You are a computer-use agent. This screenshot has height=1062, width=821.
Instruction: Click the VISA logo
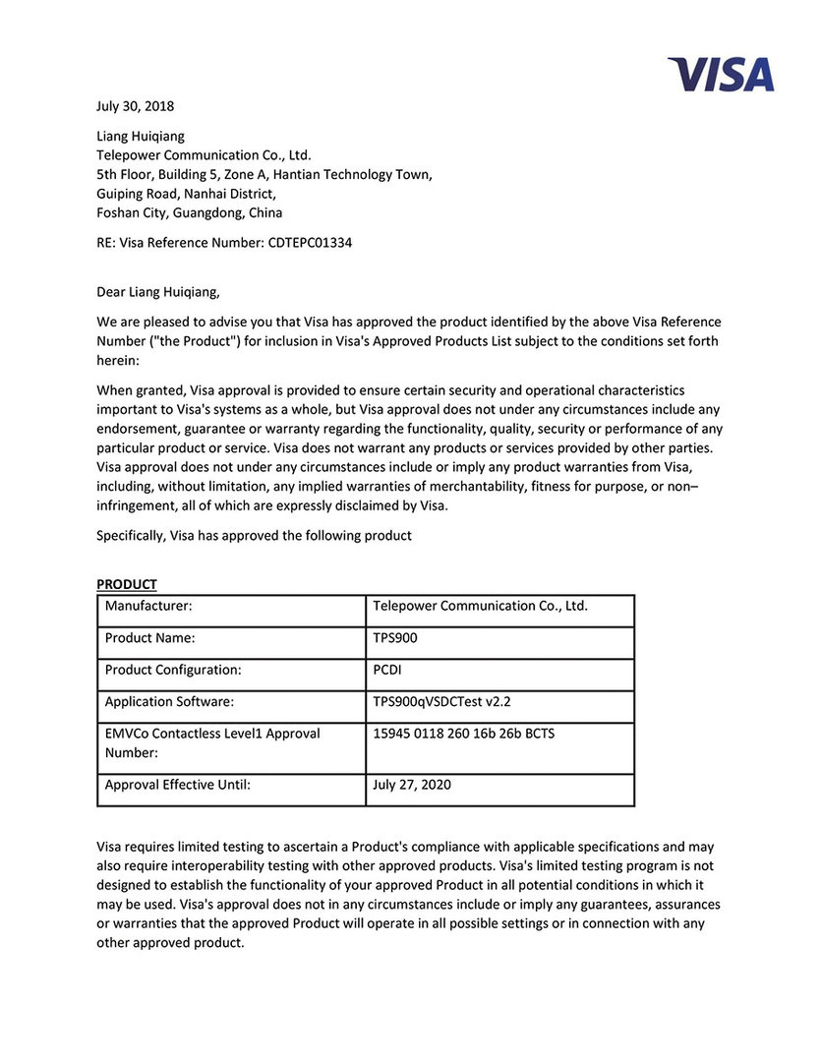click(x=721, y=75)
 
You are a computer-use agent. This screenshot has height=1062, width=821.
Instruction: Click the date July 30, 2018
click(x=135, y=106)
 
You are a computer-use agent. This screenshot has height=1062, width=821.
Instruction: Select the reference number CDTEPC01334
click(x=310, y=243)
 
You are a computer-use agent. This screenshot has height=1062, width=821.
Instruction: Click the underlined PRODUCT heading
click(x=127, y=584)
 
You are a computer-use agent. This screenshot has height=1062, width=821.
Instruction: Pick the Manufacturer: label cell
click(x=148, y=606)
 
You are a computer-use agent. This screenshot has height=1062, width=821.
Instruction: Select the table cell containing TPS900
click(x=395, y=637)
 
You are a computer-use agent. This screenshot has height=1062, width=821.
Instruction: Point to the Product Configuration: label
click(x=173, y=670)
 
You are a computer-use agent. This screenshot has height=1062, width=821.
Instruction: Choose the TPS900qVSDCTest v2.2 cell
click(x=442, y=702)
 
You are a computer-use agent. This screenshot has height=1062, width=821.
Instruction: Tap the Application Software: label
click(x=169, y=702)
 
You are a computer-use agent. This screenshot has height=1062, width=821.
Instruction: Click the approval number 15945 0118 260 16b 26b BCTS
click(x=463, y=734)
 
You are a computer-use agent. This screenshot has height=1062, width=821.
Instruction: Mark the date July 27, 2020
click(x=413, y=785)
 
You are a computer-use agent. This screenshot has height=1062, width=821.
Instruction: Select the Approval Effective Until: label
click(x=178, y=785)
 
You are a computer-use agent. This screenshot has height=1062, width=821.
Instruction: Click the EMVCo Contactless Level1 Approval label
click(x=212, y=734)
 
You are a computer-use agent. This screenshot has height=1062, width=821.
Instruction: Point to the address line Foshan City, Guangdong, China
click(x=189, y=212)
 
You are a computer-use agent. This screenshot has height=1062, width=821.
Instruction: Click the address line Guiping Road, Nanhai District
click(x=186, y=194)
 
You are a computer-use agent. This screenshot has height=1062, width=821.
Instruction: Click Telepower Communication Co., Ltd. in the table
click(x=480, y=606)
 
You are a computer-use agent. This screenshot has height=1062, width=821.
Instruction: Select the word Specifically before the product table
click(x=131, y=536)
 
